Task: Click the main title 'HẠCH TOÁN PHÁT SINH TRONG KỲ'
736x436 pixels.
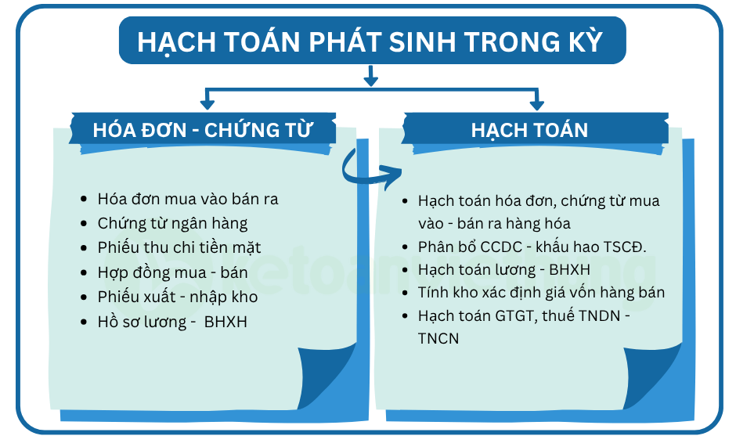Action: point(370,41)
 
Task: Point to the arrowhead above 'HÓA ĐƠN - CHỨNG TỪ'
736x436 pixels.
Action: point(207,105)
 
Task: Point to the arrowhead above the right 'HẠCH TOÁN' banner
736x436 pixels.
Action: point(537,105)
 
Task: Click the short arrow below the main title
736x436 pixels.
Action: point(371,76)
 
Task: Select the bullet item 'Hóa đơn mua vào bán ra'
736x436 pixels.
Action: point(188,199)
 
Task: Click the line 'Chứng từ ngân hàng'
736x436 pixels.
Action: point(172,223)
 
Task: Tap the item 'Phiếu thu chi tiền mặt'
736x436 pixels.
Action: point(179,248)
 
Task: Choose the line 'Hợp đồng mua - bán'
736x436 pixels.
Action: point(172,272)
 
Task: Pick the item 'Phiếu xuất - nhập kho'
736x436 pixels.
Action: point(178,297)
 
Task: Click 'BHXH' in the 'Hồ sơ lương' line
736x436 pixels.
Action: point(225,322)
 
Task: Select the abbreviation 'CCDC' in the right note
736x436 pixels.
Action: point(495,247)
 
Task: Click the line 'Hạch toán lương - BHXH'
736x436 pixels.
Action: point(504,270)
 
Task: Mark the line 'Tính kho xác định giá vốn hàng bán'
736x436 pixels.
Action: point(541,293)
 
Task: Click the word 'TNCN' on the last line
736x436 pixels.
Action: point(438,338)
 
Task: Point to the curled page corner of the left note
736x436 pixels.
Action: point(327,377)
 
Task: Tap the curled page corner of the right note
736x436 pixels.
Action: point(653,377)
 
